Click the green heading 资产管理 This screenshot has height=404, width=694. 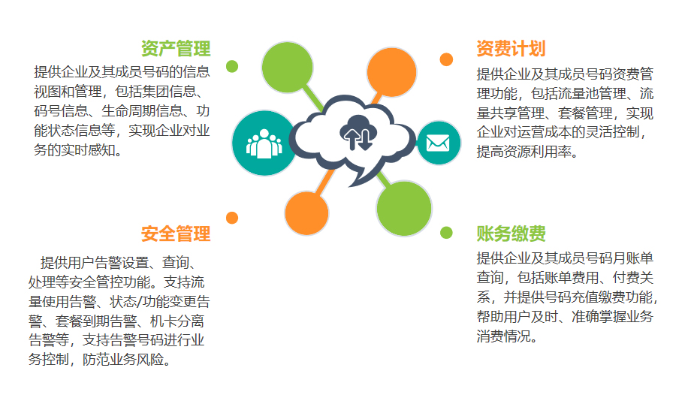pyautogui.click(x=176, y=49)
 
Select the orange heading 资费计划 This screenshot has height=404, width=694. pyautogui.click(x=511, y=49)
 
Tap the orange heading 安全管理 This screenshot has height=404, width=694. pyautogui.click(x=176, y=234)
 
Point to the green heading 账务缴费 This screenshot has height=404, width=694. pyautogui.click(x=511, y=234)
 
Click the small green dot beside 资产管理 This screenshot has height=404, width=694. pyautogui.click(x=232, y=66)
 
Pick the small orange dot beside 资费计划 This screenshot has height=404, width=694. pyautogui.click(x=446, y=59)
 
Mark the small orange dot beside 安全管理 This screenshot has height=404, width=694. pyautogui.click(x=232, y=218)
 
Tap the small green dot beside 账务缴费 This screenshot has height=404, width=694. pyautogui.click(x=446, y=232)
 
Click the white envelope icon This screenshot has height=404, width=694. pyautogui.click(x=438, y=143)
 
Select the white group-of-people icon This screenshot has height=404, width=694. pyautogui.click(x=264, y=143)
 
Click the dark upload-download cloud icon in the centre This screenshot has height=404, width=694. pyautogui.click(x=358, y=132)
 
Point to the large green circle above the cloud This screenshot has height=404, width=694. pyautogui.click(x=287, y=68)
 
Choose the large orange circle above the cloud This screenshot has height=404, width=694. pyautogui.click(x=392, y=72)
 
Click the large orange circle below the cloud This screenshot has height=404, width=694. pyautogui.click(x=306, y=213)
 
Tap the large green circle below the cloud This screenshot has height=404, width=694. pyautogui.click(x=403, y=209)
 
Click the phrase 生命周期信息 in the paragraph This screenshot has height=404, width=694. pyautogui.click(x=142, y=110)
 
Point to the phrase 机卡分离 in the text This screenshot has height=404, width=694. pyautogui.click(x=177, y=321)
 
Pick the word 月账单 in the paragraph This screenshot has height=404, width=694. pyautogui.click(x=633, y=258)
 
